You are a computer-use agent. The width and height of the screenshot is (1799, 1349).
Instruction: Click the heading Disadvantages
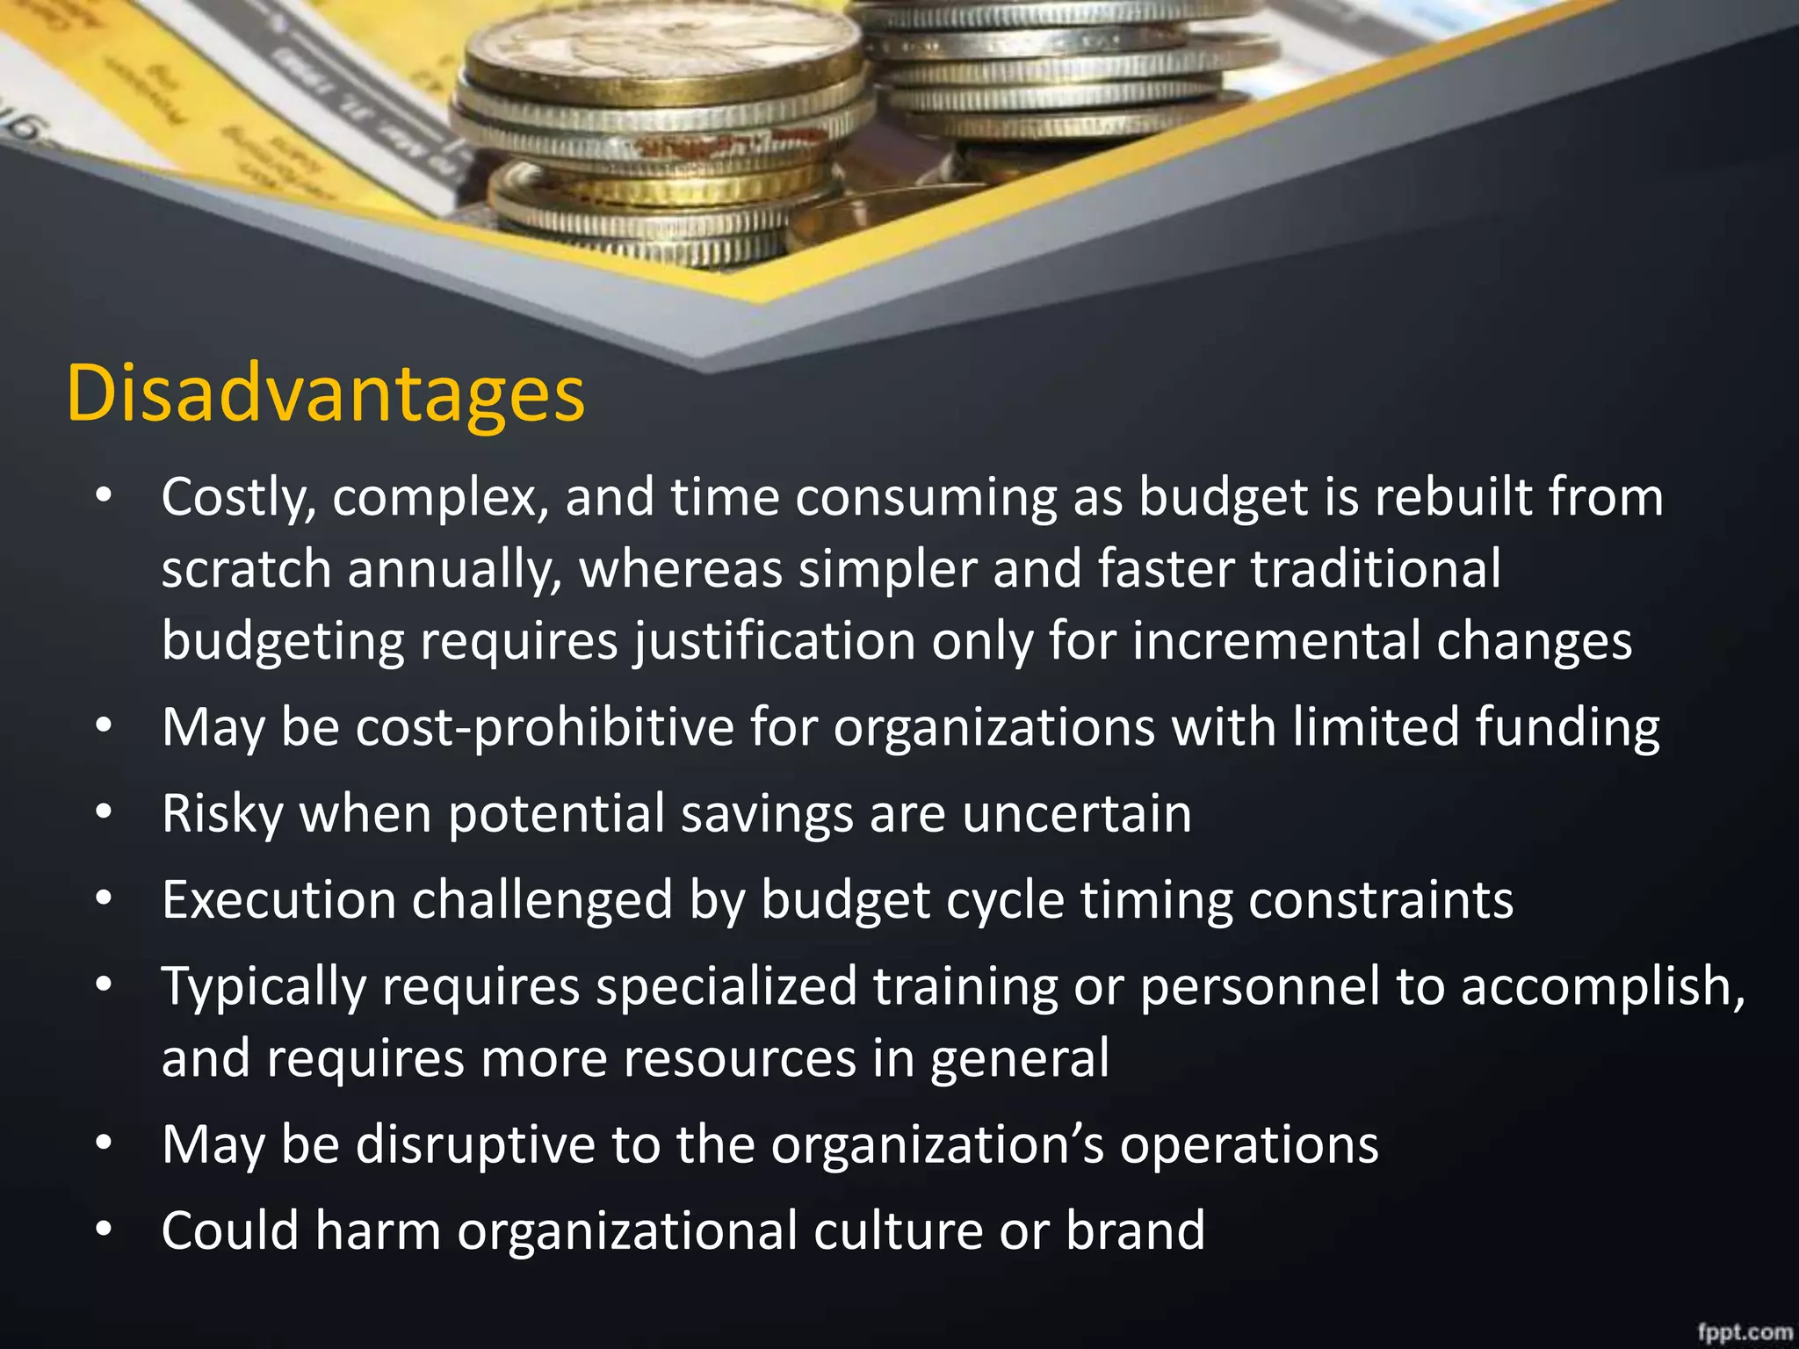coord(325,393)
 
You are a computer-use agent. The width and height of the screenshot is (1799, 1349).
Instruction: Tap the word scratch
coord(246,569)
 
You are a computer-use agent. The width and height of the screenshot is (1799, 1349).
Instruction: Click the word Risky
coord(221,814)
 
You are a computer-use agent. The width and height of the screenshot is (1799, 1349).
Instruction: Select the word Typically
coord(264,986)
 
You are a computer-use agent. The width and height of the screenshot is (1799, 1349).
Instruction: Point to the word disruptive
coord(475,1144)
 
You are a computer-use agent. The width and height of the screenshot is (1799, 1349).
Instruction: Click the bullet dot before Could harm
coord(104,1230)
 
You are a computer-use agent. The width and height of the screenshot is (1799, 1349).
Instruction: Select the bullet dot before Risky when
coord(104,813)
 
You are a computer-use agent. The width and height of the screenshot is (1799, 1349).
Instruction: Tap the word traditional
coord(1376,569)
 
